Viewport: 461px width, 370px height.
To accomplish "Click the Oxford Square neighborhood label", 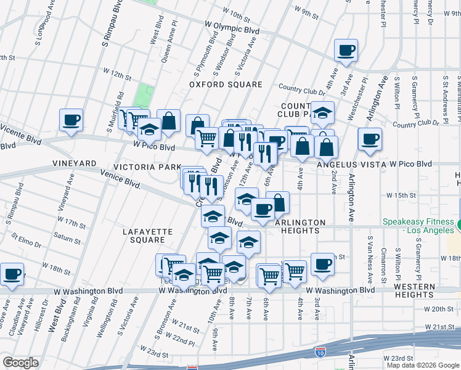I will pos(226,84).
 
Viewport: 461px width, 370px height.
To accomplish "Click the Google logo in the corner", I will pos(20,363).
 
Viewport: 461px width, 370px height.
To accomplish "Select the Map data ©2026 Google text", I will pos(423,365).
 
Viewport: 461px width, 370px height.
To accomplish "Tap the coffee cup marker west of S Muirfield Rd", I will pos(71,119).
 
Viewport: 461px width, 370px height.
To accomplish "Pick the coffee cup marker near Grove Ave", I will pos(12,274).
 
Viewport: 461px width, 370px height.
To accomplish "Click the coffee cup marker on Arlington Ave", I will pos(370,139).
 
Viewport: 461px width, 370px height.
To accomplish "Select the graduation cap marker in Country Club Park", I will pos(322,112).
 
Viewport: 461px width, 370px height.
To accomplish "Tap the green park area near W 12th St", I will pos(145,94).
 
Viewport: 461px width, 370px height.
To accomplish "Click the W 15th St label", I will pos(402,195).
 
